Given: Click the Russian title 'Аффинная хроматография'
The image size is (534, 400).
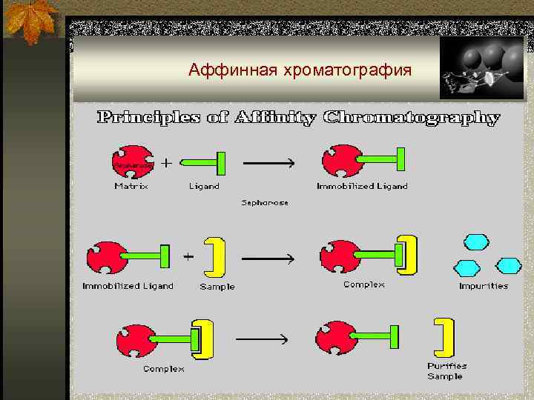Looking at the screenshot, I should point(300,70).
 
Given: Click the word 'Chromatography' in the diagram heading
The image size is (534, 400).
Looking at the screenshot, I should point(412,117).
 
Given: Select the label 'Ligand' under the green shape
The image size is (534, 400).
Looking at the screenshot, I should point(204,186).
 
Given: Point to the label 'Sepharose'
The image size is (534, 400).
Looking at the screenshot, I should point(265,202).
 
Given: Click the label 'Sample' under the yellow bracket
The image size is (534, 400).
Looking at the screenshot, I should point(217,287).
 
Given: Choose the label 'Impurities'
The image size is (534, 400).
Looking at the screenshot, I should point(484,285).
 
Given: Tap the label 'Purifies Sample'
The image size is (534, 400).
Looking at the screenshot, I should point(446,371).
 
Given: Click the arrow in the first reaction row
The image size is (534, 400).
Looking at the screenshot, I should point(268,162).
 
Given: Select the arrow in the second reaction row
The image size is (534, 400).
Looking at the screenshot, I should point(268,259).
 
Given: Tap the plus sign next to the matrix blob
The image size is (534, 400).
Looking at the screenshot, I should point(166,161).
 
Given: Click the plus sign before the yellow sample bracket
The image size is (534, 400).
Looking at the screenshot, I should point(188,256).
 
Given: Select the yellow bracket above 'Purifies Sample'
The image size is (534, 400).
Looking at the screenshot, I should point(444,338).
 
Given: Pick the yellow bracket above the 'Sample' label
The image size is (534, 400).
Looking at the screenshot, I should point(215,256).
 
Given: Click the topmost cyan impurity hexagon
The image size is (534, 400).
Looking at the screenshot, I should point(475,242).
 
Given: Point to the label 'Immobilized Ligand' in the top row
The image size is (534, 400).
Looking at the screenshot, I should point(362,186).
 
